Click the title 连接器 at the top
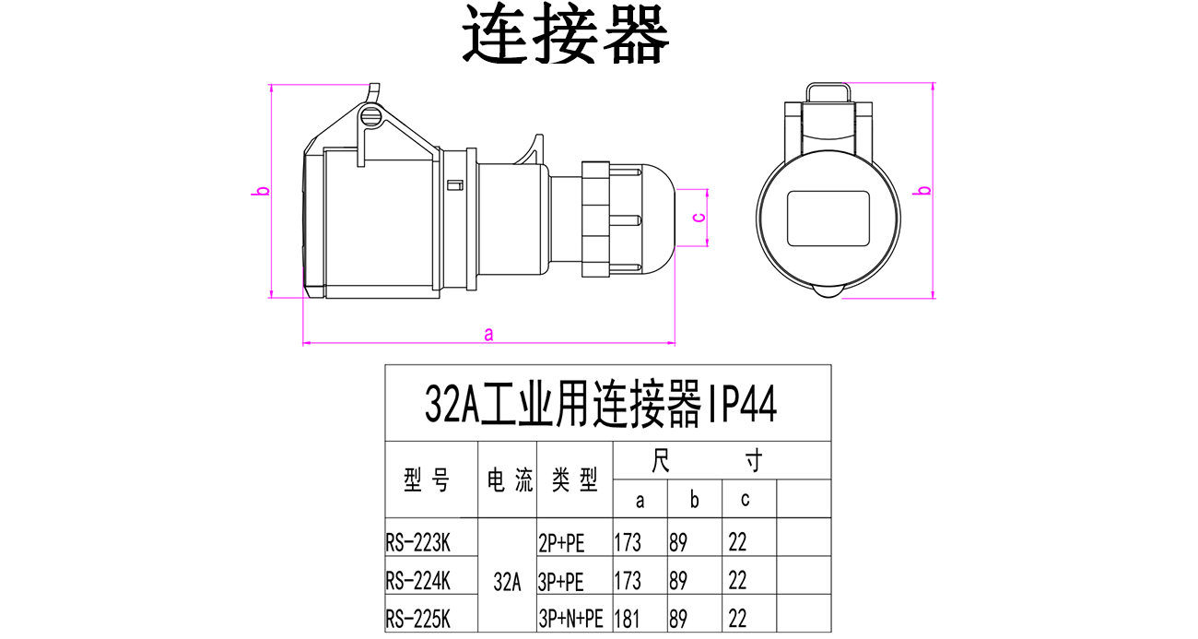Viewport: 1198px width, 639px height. pyautogui.click(x=565, y=37)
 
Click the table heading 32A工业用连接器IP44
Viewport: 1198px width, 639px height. pyautogui.click(x=601, y=405)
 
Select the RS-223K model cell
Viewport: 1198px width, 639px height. pyautogui.click(x=418, y=541)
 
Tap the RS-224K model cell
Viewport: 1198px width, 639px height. pyautogui.click(x=418, y=581)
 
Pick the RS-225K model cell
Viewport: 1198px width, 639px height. pyautogui.click(x=418, y=617)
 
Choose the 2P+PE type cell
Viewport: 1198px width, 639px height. pyautogui.click(x=561, y=542)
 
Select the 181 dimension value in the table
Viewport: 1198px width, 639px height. pyautogui.click(x=627, y=618)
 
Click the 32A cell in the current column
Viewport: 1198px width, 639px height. pyautogui.click(x=507, y=582)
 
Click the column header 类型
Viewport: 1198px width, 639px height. pyautogui.click(x=574, y=479)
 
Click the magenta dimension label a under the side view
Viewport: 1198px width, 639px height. pyautogui.click(x=489, y=334)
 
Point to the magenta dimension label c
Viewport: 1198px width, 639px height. pyautogui.click(x=699, y=218)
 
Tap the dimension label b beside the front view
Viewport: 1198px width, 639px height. pyautogui.click(x=925, y=191)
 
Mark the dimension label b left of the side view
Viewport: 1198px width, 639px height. pyautogui.click(x=263, y=192)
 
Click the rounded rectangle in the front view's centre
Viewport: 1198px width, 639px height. pyautogui.click(x=828, y=218)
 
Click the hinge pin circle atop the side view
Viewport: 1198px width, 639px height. pyautogui.click(x=371, y=117)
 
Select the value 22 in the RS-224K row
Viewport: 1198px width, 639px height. pyautogui.click(x=737, y=581)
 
